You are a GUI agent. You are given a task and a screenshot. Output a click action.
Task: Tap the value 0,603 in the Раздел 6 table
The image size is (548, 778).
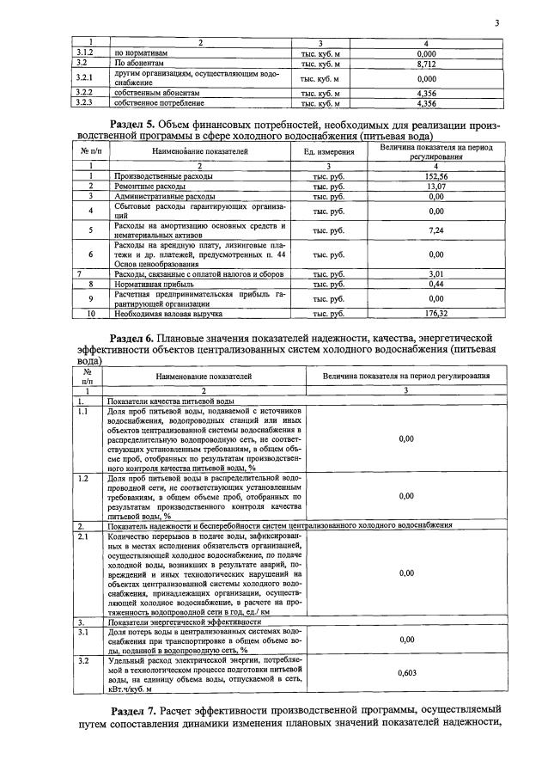pos(407,673)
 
